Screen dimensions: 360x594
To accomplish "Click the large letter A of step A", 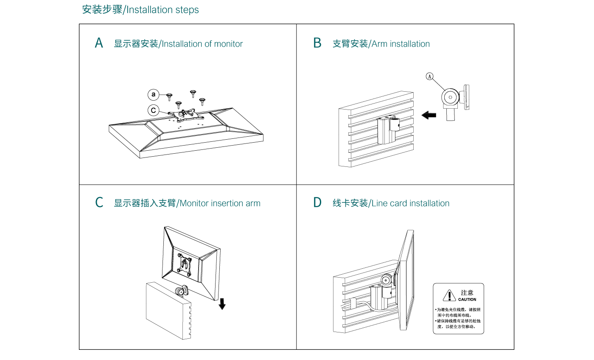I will tap(99, 43).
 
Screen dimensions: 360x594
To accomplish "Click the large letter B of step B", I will tap(317, 43).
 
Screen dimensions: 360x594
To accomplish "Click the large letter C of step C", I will tap(99, 202).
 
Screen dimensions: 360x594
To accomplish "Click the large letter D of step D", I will tap(317, 202).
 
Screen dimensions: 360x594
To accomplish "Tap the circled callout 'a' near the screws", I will tap(154, 94).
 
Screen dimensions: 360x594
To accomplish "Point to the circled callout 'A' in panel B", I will tap(430, 76).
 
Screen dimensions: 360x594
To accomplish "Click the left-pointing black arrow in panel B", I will tap(429, 115).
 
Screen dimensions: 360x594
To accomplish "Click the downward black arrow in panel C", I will tap(222, 304).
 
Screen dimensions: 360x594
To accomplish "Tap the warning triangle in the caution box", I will tap(449, 295).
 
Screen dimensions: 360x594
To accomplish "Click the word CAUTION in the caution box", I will tap(467, 300).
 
